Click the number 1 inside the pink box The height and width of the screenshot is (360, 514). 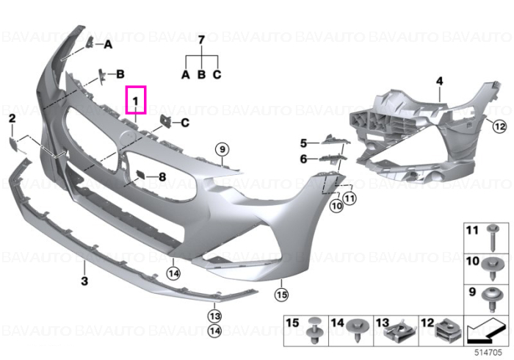[x=136, y=101]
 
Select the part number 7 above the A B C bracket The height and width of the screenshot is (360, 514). [x=202, y=40]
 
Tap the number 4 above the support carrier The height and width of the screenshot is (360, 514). [x=439, y=81]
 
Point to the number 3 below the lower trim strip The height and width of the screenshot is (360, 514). [x=84, y=281]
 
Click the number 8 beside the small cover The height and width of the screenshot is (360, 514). [x=162, y=177]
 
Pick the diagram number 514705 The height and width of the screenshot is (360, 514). [x=488, y=353]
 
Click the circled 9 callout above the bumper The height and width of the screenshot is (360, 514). [x=222, y=150]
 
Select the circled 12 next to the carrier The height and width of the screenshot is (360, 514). [x=499, y=126]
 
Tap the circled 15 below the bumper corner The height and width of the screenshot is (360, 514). [x=282, y=295]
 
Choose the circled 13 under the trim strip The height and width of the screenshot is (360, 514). [x=214, y=316]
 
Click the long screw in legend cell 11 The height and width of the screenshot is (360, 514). [x=491, y=237]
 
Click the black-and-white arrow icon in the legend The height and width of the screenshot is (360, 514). [x=486, y=331]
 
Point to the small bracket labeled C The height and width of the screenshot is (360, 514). [x=165, y=121]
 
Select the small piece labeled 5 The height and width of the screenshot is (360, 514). [x=334, y=140]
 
